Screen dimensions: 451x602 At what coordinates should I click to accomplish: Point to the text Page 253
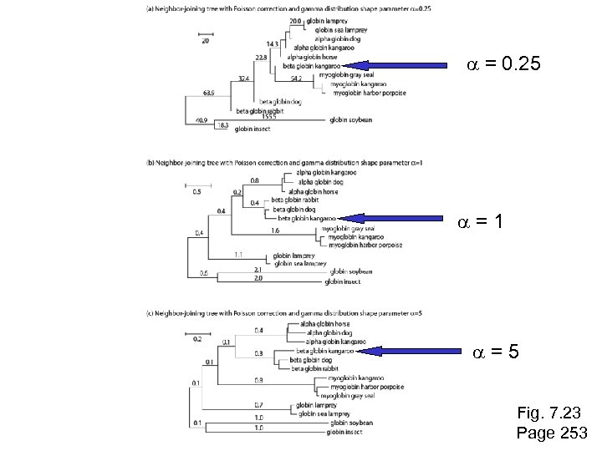coord(552,433)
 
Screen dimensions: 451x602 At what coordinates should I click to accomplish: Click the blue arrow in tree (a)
coord(394,65)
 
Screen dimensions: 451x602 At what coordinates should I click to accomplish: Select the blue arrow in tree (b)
coord(393,219)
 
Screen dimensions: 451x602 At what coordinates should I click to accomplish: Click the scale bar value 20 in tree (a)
coord(206,41)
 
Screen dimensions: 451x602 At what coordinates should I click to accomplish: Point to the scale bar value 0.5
coord(197,193)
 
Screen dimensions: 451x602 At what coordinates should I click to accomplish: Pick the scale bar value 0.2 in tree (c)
coord(197,339)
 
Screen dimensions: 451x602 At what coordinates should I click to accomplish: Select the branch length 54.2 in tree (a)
coord(296,79)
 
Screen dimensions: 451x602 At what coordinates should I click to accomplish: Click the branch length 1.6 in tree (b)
coord(275,230)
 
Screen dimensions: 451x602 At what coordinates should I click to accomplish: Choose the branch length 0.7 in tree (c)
coord(259,404)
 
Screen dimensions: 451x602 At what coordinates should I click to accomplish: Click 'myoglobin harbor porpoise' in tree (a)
coord(369,93)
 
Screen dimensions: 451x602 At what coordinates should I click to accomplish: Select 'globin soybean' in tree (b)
coord(351,271)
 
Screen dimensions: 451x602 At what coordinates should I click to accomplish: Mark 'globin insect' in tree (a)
coord(252,129)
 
